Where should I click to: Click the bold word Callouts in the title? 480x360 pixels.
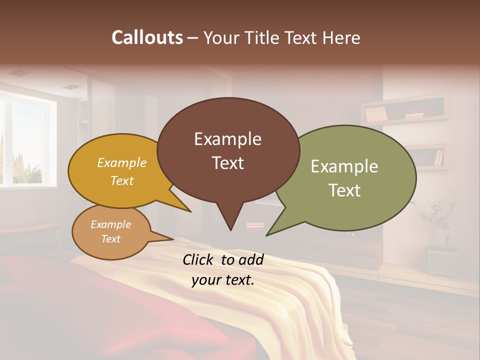(147, 37)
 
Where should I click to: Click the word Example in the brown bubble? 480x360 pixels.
(227, 139)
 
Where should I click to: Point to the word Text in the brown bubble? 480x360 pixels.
(227, 163)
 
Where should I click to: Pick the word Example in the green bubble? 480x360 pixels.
(344, 166)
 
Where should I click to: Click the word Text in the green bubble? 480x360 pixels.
(344, 190)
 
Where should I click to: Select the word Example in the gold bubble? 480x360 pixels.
(122, 163)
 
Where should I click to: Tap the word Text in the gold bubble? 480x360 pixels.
(122, 180)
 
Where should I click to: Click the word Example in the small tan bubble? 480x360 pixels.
(110, 224)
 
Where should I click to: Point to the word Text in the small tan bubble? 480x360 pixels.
(110, 239)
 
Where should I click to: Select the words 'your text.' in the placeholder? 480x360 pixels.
(223, 280)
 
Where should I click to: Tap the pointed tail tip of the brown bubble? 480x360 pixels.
(230, 230)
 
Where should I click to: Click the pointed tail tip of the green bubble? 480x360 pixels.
(267, 235)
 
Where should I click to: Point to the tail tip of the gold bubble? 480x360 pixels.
(190, 211)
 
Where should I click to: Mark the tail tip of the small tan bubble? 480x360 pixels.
(173, 239)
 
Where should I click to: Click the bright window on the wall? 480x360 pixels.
(25, 142)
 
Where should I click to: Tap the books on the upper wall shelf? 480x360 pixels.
(375, 114)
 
